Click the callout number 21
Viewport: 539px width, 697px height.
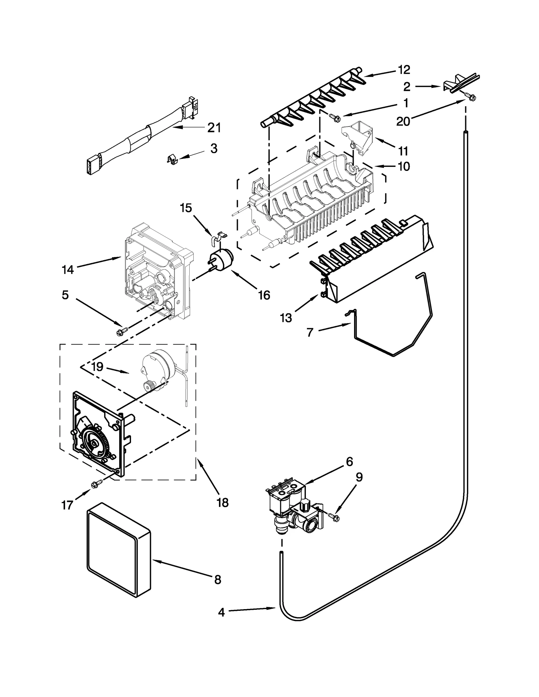click(214, 128)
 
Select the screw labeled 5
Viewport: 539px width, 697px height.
click(120, 332)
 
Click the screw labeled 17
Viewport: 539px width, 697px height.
click(95, 484)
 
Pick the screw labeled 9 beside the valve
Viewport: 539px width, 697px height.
click(334, 517)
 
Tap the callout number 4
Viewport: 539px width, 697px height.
click(221, 612)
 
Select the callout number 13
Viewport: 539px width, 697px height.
click(286, 317)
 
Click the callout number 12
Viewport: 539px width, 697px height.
click(404, 70)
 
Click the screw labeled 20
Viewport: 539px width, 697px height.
click(471, 97)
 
